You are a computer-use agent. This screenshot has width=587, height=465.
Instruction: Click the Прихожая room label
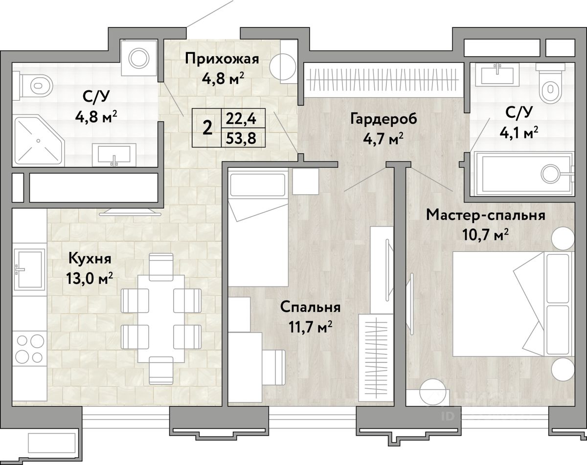pyautogui.click(x=222, y=59)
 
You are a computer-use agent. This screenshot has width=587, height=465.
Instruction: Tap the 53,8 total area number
pyautogui.click(x=241, y=138)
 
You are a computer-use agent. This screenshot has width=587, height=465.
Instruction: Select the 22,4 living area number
pyautogui.click(x=241, y=119)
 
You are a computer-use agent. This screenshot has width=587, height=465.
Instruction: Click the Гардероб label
pyautogui.click(x=384, y=119)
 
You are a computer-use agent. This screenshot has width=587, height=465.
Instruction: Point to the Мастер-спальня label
pyautogui.click(x=486, y=215)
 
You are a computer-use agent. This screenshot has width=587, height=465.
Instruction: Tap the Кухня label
pyautogui.click(x=90, y=259)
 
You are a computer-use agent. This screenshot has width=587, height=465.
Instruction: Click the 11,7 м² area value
pyautogui.click(x=311, y=327)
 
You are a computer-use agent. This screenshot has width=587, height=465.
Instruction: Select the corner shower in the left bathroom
pyautogui.click(x=39, y=141)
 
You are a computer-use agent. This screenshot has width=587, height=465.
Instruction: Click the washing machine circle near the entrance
pyautogui.click(x=139, y=58)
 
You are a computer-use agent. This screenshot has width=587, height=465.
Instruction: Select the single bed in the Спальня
pyautogui.click(x=258, y=227)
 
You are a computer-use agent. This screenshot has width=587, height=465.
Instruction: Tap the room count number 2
pyautogui.click(x=207, y=128)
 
